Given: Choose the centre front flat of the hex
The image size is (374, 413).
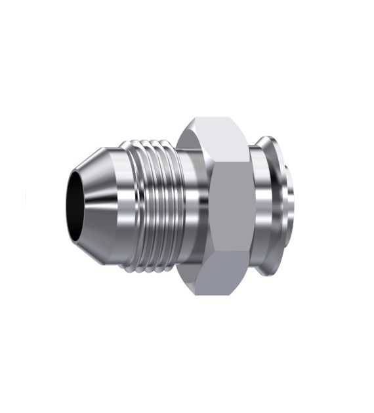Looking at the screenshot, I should [x=230, y=210].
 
